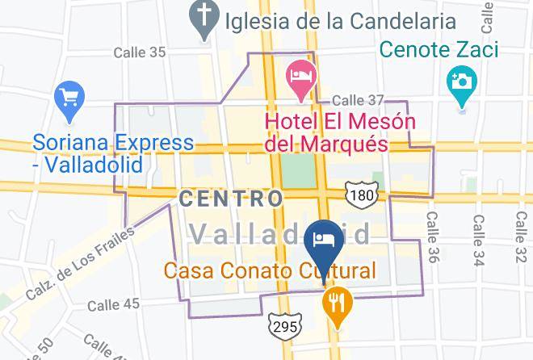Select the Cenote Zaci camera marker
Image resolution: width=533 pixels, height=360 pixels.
463,82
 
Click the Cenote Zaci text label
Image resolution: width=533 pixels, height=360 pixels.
441,50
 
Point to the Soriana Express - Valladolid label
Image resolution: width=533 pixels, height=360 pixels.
113,154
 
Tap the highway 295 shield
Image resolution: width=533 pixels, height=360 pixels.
286,325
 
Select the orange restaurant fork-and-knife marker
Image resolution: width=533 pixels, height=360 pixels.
334,303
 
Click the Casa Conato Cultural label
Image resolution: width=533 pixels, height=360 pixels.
271,270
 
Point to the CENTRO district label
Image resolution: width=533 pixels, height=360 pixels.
231,198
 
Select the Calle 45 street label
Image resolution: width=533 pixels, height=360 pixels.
113,304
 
